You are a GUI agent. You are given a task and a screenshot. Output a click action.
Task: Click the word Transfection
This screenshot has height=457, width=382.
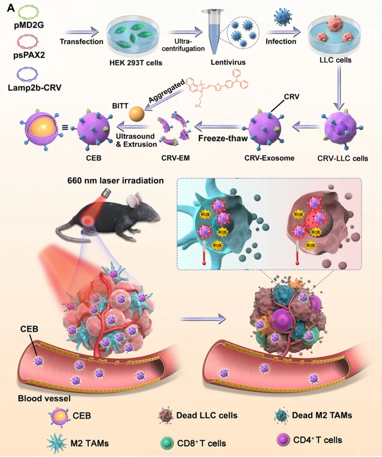click(81, 41)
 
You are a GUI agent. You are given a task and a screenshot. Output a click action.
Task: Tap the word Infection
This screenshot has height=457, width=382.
click(281, 41)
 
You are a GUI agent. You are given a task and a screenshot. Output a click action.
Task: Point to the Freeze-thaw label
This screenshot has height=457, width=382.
click(223, 138)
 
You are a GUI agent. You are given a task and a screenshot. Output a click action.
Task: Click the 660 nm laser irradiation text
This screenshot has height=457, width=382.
click(115, 181)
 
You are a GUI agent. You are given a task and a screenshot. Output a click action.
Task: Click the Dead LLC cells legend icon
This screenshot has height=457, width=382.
click(165, 416)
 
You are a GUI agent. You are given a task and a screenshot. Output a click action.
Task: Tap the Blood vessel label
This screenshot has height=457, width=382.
click(44, 398)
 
